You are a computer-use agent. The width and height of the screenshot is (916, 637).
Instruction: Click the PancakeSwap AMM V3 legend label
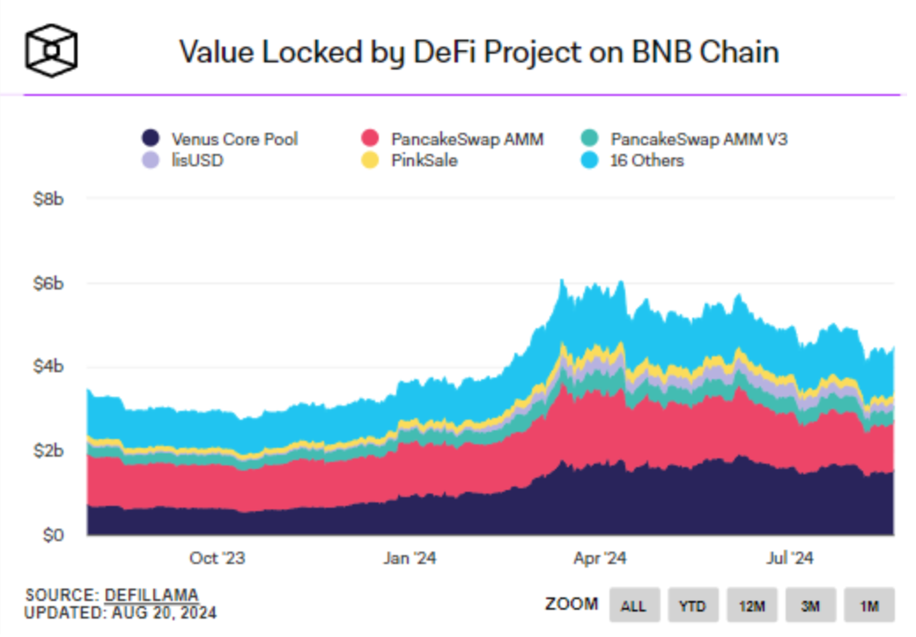pos(692,138)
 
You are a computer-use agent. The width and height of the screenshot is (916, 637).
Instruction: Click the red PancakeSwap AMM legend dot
pos(371,138)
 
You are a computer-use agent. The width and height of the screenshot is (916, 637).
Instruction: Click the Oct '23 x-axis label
pos(217,558)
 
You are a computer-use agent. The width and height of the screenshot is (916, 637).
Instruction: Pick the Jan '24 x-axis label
pos(410,558)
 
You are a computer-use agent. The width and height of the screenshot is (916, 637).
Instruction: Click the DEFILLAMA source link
pos(151,595)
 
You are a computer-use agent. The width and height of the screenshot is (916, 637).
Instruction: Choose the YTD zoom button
pos(692,605)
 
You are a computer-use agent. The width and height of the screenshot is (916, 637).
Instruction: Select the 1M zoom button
pos(869,605)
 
